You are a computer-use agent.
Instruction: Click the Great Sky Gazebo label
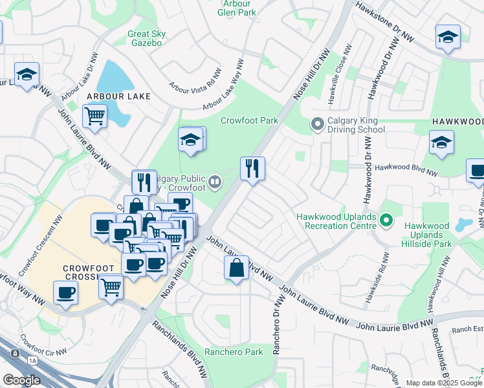147,39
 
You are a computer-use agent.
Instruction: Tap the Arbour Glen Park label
237,8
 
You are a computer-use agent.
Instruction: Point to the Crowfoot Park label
249,120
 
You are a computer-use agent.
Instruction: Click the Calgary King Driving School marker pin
317,123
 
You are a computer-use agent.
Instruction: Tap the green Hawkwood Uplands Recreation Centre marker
386,221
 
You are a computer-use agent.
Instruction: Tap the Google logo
21,380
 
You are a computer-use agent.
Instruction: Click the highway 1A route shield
15,354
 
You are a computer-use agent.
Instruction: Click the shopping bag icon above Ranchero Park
237,267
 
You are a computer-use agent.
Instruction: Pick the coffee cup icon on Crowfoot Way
65,293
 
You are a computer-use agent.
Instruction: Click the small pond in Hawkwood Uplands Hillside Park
462,225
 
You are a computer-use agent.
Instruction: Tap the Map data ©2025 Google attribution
444,383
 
